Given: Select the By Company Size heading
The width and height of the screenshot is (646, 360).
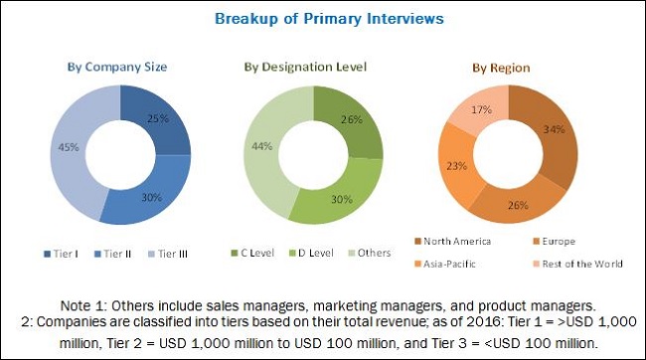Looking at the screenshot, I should click(x=116, y=67).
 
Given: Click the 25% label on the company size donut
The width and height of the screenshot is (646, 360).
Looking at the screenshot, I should click(x=155, y=118).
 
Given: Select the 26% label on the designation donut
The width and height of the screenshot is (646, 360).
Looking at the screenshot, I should click(x=351, y=121).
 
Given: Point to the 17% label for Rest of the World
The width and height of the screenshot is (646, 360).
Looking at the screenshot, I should click(x=485, y=110).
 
